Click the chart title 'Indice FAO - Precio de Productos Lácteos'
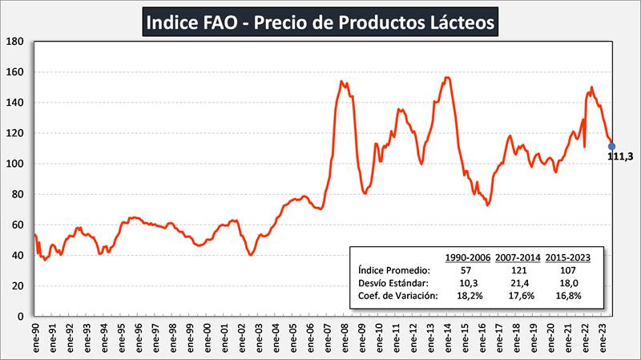(320, 21)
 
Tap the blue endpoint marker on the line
(612, 146)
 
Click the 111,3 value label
(620, 157)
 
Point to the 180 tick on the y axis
(14, 42)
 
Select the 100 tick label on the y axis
(14, 164)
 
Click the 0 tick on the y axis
(22, 316)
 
